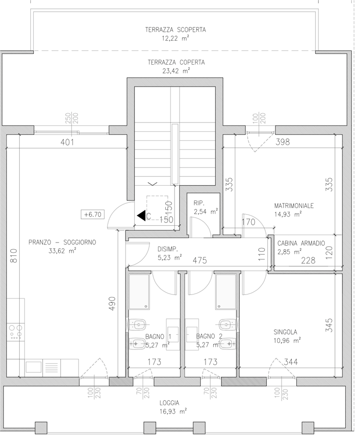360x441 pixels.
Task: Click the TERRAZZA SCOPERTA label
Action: click(176, 29)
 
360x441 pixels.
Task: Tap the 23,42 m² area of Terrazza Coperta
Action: click(176, 71)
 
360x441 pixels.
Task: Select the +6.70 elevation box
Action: click(93, 214)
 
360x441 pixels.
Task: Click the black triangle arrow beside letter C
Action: click(141, 216)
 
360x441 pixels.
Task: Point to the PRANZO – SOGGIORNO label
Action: click(62, 242)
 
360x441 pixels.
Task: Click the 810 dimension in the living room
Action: click(14, 256)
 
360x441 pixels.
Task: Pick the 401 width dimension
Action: click(67, 142)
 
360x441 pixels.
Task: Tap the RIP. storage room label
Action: click(199, 203)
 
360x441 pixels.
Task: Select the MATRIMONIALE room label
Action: click(294, 206)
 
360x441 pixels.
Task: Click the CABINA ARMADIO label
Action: click(301, 243)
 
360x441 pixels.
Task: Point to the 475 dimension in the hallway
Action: click(200, 261)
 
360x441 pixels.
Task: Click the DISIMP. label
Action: click(167, 249)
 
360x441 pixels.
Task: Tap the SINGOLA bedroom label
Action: click(285, 332)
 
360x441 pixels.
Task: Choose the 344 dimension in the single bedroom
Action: click(290, 362)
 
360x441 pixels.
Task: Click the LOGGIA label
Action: click(169, 403)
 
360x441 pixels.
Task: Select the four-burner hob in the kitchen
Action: click(16, 332)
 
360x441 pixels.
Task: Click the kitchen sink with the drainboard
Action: click(42, 367)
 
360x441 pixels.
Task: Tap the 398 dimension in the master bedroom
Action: click(283, 142)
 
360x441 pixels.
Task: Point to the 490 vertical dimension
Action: click(112, 303)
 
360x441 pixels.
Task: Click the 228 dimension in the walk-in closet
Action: click(308, 261)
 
